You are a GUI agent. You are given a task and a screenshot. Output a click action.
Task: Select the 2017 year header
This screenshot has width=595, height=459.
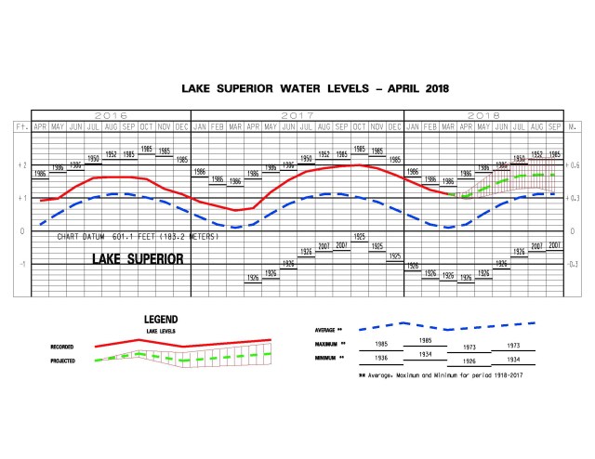pos(297,115)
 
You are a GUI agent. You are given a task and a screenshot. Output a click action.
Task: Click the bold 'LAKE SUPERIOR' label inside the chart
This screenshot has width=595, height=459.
pos(138,257)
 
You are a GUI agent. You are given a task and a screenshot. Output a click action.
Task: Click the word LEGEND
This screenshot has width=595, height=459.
pos(160,320)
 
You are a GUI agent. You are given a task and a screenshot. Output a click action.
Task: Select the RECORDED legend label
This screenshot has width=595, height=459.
pos(62,347)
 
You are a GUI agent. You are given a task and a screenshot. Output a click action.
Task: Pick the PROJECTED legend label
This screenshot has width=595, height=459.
pos(62,361)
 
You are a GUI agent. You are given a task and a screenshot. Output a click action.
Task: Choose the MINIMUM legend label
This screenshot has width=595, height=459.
pos(328,357)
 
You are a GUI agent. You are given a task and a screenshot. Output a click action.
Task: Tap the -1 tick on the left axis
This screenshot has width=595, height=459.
pos(20,264)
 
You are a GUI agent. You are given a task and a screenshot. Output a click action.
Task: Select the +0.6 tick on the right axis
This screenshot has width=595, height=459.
pos(575,164)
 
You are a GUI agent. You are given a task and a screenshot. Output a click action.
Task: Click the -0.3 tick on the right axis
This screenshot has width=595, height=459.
pos(575,264)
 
